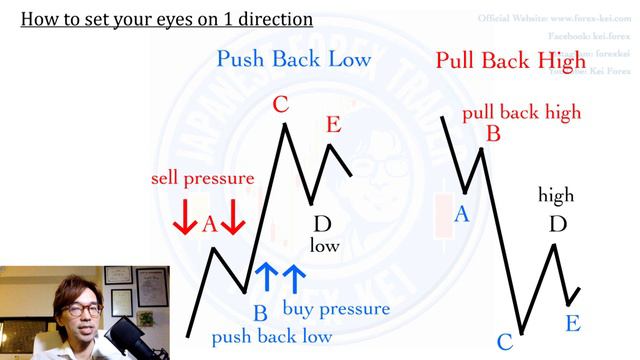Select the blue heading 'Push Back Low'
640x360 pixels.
click(x=294, y=59)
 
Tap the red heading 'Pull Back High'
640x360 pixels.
click(x=511, y=60)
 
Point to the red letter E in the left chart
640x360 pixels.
click(x=333, y=125)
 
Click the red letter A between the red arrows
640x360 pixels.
click(x=209, y=224)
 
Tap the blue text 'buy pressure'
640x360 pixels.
click(x=336, y=308)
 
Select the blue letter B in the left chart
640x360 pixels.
click(x=259, y=313)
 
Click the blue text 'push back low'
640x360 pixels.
click(x=272, y=337)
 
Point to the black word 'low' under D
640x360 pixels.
click(x=324, y=245)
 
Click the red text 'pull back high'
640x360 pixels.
click(x=521, y=111)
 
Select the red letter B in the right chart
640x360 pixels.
click(x=492, y=132)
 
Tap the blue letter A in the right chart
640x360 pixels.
click(x=461, y=213)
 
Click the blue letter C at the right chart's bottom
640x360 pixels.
click(x=504, y=342)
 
